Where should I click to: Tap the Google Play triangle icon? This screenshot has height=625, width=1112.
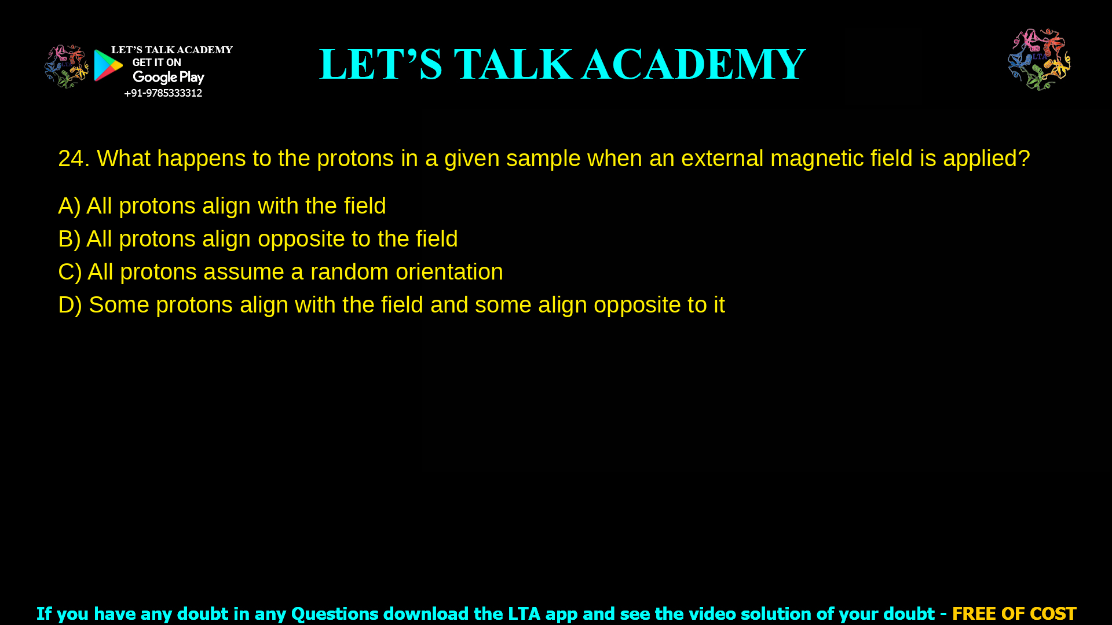pyautogui.click(x=108, y=65)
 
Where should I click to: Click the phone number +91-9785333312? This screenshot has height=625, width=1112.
pyautogui.click(x=163, y=93)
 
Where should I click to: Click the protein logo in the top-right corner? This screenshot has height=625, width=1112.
pyautogui.click(x=1039, y=60)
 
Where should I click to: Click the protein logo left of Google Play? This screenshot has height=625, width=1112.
pyautogui.click(x=66, y=66)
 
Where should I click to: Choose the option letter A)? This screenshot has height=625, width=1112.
pyautogui.click(x=69, y=206)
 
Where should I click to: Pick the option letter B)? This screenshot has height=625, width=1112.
pyautogui.click(x=69, y=239)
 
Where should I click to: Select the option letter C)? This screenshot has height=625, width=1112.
pyautogui.click(x=69, y=272)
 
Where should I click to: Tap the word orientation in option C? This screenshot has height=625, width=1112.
pyautogui.click(x=449, y=272)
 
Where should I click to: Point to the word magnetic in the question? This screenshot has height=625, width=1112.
pyautogui.click(x=817, y=159)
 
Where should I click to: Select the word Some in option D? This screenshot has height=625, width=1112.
pyautogui.click(x=119, y=305)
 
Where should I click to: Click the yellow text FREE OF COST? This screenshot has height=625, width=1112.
pyautogui.click(x=1014, y=613)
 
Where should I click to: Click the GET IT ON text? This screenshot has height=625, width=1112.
pyautogui.click(x=156, y=62)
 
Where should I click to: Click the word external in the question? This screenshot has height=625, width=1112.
pyautogui.click(x=722, y=159)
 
